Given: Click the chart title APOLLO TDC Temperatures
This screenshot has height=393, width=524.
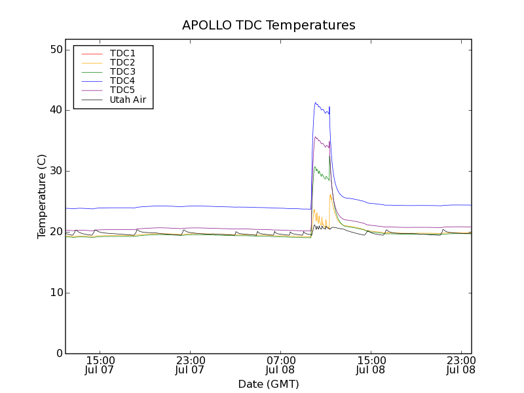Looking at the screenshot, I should click(x=269, y=26).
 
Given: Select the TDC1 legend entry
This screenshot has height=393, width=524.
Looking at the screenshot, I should click(x=122, y=53).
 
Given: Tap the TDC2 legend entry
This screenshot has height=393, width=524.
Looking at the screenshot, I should click(x=122, y=62).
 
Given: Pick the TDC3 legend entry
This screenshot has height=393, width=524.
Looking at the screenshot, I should click(x=122, y=71).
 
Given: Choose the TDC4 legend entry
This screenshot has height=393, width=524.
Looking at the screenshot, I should click(x=122, y=81).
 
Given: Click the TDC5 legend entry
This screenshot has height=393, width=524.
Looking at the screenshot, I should click(x=122, y=90).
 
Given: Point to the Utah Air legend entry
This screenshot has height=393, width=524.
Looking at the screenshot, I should click(x=128, y=100).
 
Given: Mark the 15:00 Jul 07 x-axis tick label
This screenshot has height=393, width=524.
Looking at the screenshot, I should click(x=100, y=365).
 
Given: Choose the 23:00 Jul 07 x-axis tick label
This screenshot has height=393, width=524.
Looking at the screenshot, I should click(x=191, y=365).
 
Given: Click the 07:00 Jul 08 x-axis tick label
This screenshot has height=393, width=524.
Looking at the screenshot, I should click(x=281, y=365).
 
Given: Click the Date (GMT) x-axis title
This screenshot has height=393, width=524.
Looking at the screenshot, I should click(x=269, y=384).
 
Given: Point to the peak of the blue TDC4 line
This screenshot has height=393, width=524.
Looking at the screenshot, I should click(x=315, y=102).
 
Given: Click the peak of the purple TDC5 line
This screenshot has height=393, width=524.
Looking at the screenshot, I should click(x=316, y=137).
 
